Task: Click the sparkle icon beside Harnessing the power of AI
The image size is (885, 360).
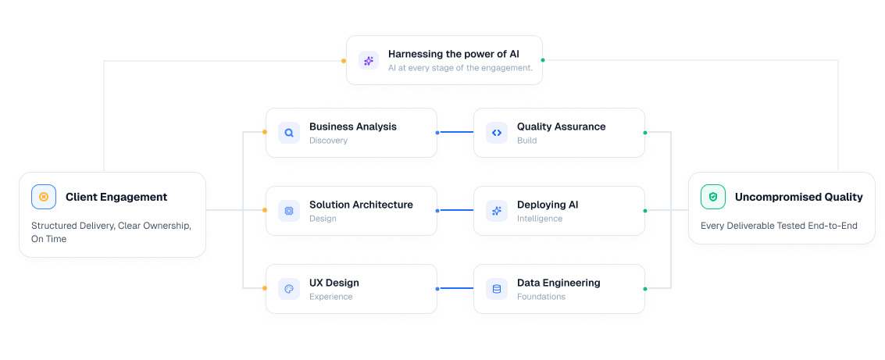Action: click(x=369, y=60)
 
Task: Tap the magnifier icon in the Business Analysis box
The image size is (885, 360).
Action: click(x=289, y=134)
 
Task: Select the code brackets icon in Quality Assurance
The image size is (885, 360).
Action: click(x=497, y=134)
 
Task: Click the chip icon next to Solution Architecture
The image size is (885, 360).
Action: click(x=289, y=211)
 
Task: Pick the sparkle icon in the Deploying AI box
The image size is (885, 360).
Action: click(x=497, y=211)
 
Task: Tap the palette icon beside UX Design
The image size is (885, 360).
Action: click(x=289, y=289)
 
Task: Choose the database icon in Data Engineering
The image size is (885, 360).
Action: click(x=497, y=289)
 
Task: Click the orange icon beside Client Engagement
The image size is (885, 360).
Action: click(x=44, y=197)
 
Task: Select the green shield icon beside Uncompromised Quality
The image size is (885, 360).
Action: click(x=713, y=197)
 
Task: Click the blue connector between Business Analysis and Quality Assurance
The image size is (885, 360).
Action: click(x=455, y=133)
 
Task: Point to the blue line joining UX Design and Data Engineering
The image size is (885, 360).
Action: click(x=455, y=288)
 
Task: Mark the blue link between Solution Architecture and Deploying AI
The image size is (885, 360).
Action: click(x=455, y=211)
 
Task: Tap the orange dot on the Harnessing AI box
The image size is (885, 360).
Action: click(x=343, y=60)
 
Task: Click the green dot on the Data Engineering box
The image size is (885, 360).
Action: click(x=645, y=289)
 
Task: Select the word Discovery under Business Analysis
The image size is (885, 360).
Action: click(x=329, y=141)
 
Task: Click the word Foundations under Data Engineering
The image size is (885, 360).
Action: click(x=541, y=297)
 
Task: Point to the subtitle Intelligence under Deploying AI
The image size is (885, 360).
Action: click(x=540, y=219)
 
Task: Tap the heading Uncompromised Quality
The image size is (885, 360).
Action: click(x=798, y=197)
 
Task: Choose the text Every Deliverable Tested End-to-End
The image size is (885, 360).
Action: click(x=779, y=226)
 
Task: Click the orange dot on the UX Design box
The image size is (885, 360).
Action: click(x=264, y=288)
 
